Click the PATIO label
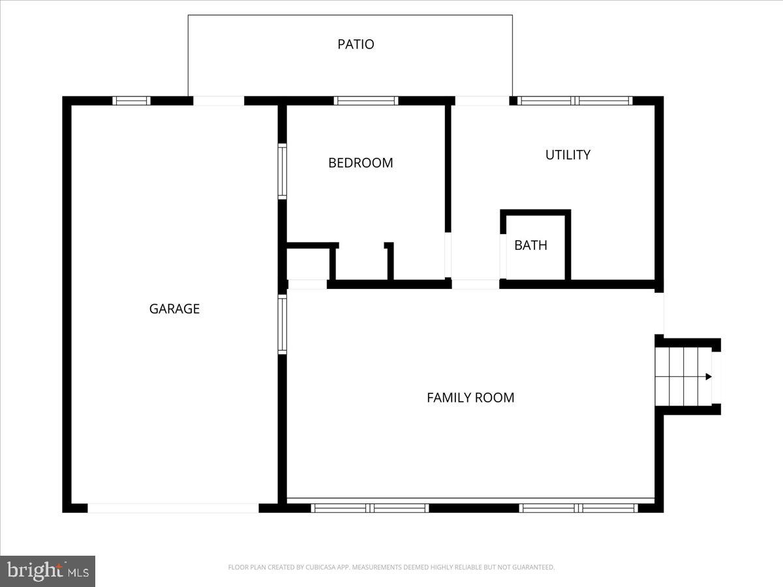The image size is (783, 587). click(x=356, y=44)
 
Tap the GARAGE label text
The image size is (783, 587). click(x=174, y=309)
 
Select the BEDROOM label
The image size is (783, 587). click(x=360, y=162)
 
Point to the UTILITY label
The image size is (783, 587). click(x=568, y=155)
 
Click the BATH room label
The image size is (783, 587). click(x=530, y=245)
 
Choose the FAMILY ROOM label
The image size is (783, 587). click(x=470, y=397)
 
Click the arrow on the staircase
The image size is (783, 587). click(x=708, y=376)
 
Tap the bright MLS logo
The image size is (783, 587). click(x=48, y=571)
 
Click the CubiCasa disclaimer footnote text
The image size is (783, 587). click(x=391, y=567)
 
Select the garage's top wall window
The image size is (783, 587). click(x=131, y=100)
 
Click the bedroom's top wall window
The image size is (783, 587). click(x=365, y=100)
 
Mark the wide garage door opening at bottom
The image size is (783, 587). click(x=173, y=507)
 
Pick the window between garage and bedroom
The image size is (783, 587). click(x=283, y=171)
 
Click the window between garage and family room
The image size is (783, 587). click(x=283, y=324)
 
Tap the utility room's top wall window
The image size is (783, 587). click(x=575, y=100)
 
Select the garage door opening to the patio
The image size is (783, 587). click(x=219, y=100)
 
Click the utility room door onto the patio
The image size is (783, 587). click(x=482, y=100)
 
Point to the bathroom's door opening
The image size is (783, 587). click(x=503, y=256)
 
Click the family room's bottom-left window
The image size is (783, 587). click(x=369, y=507)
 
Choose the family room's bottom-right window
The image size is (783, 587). click(x=578, y=507)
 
